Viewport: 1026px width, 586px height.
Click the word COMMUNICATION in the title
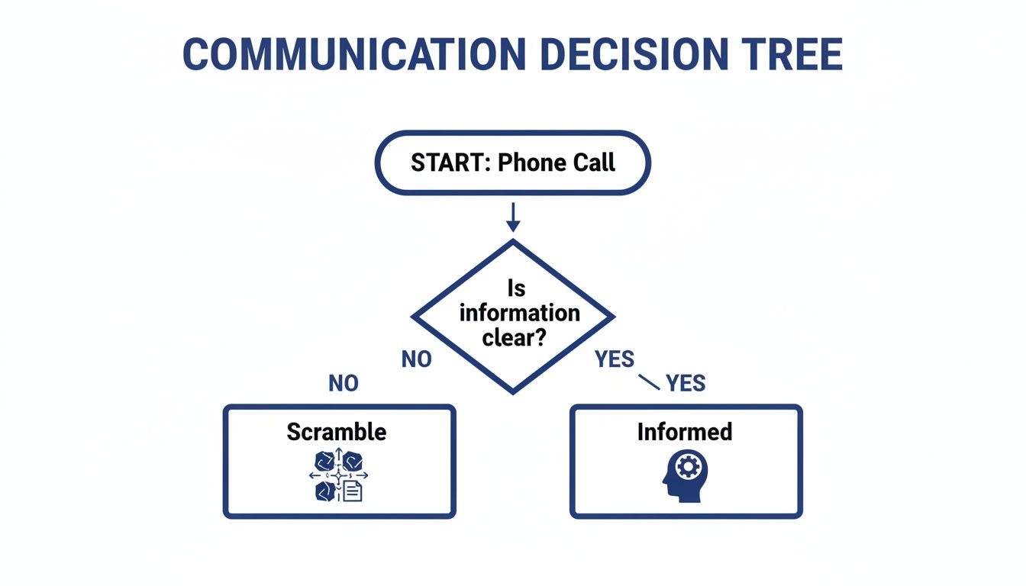pyautogui.click(x=353, y=53)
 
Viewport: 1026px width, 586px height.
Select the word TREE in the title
pyautogui.click(x=795, y=53)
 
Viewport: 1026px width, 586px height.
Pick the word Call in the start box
pyautogui.click(x=592, y=163)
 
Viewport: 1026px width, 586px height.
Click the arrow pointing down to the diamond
pyautogui.click(x=513, y=217)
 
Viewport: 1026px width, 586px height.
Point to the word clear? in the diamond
pyautogui.click(x=513, y=337)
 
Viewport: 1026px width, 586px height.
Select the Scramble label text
pyautogui.click(x=337, y=432)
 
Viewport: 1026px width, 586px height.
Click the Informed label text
pyautogui.click(x=685, y=432)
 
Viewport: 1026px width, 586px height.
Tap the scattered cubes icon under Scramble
pyautogui.click(x=338, y=475)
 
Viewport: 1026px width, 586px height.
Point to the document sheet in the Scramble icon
pyautogui.click(x=352, y=491)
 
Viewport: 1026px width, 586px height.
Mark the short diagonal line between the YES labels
pyautogui.click(x=647, y=382)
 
